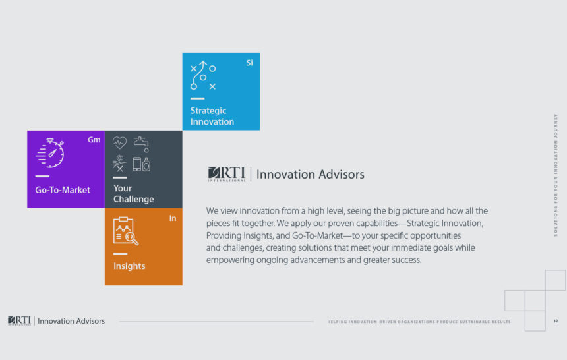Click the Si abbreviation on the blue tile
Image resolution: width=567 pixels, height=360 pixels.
(249, 63)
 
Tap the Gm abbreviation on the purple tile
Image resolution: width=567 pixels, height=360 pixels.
(94, 140)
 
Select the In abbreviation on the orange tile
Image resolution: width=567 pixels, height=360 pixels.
(173, 218)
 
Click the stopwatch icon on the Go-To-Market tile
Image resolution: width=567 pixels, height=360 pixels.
(50, 153)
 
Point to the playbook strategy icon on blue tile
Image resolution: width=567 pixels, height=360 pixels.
(203, 75)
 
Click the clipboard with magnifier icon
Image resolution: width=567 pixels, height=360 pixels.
(125, 231)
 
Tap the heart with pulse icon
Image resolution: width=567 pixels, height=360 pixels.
(119, 142)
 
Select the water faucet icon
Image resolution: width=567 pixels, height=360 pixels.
(141, 144)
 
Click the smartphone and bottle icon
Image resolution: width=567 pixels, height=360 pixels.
(141, 164)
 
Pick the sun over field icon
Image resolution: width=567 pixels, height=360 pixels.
(119, 164)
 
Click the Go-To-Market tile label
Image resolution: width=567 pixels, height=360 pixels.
(63, 190)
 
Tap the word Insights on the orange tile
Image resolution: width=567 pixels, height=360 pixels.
(129, 266)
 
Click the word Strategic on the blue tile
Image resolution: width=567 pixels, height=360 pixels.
(208, 111)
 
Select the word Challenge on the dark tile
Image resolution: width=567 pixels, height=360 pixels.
(134, 199)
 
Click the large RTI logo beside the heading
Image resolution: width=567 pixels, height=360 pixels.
(227, 174)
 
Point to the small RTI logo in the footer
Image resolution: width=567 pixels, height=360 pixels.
(20, 321)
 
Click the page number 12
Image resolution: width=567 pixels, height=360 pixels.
(556, 321)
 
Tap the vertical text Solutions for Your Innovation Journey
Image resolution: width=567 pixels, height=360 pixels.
(556, 175)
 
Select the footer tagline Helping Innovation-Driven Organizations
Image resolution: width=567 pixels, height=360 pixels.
(419, 322)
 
